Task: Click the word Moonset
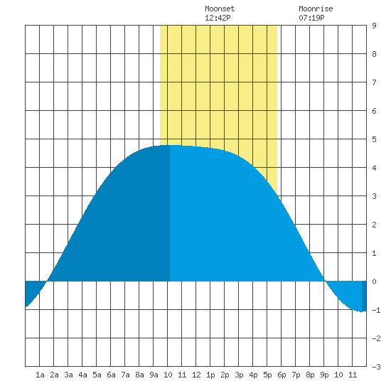click(x=220, y=9)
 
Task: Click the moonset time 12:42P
click(x=218, y=18)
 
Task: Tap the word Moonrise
click(x=316, y=9)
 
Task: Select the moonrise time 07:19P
click(x=311, y=18)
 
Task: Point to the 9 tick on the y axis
click(x=374, y=26)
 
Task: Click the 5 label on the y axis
click(x=374, y=139)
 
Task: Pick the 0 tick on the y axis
click(x=374, y=282)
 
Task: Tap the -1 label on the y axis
click(x=376, y=310)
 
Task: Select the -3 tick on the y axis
click(x=376, y=367)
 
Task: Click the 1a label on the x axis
click(x=40, y=375)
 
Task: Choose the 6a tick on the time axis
click(x=111, y=375)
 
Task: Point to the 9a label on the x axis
click(x=154, y=375)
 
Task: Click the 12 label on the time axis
click(x=196, y=375)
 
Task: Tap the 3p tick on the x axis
click(x=239, y=375)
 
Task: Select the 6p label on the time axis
click(x=282, y=375)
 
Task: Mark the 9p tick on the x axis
click(x=324, y=375)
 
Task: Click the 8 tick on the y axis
click(x=374, y=54)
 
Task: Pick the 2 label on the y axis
click(x=374, y=225)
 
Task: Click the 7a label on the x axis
click(x=125, y=375)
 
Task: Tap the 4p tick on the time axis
click(x=253, y=375)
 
